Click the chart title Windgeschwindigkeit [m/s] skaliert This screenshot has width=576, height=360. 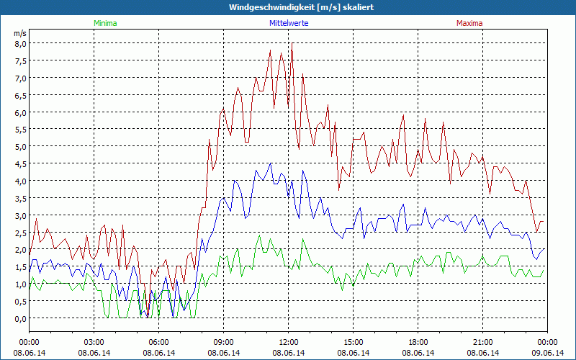point(288,7)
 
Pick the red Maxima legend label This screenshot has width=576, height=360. point(469,23)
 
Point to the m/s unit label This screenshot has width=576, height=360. point(19,33)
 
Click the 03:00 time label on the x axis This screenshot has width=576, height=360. point(94,342)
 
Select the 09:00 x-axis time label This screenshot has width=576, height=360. point(224,342)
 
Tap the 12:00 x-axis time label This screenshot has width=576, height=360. point(289,342)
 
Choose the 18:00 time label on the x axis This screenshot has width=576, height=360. point(418,342)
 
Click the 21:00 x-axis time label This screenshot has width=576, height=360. point(483,342)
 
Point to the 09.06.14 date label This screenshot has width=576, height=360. point(547,353)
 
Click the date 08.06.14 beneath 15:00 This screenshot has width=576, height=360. point(354,353)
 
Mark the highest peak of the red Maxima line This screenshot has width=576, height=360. point(292,44)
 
